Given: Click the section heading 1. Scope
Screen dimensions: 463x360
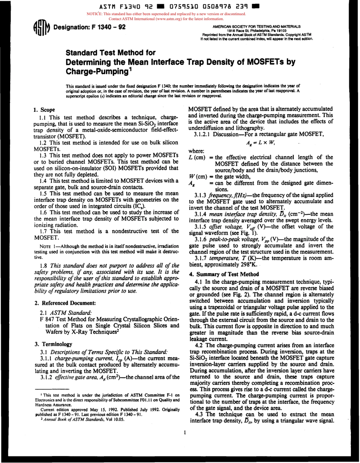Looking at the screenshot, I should pyautogui.click(x=45, y=110).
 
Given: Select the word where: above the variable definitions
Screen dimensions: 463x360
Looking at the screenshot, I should pyautogui.click(x=196, y=150).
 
